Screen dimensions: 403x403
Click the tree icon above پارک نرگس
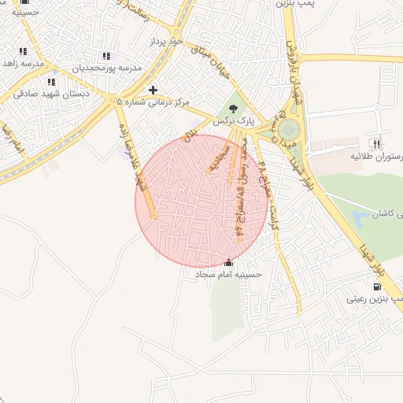232,108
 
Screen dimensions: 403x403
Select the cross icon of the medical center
153,90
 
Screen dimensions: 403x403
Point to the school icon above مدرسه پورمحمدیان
106,56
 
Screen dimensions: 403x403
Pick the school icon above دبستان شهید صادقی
51,81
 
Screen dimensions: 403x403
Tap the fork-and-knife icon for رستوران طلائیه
377,144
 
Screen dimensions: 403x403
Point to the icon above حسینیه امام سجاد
228,262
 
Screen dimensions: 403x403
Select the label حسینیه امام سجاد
227,275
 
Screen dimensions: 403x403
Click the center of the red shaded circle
201,200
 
